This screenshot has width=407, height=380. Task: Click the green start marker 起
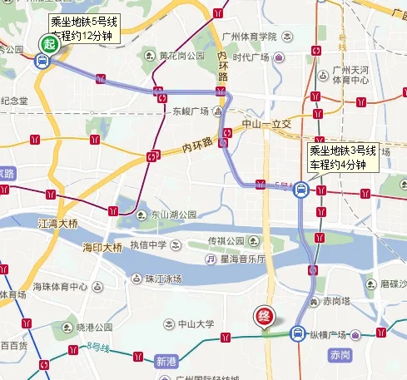click(48, 44)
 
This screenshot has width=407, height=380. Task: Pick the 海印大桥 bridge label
click(102, 247)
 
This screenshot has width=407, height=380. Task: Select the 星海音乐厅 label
click(242, 259)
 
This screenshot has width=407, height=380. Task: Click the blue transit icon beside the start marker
click(41, 60)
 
